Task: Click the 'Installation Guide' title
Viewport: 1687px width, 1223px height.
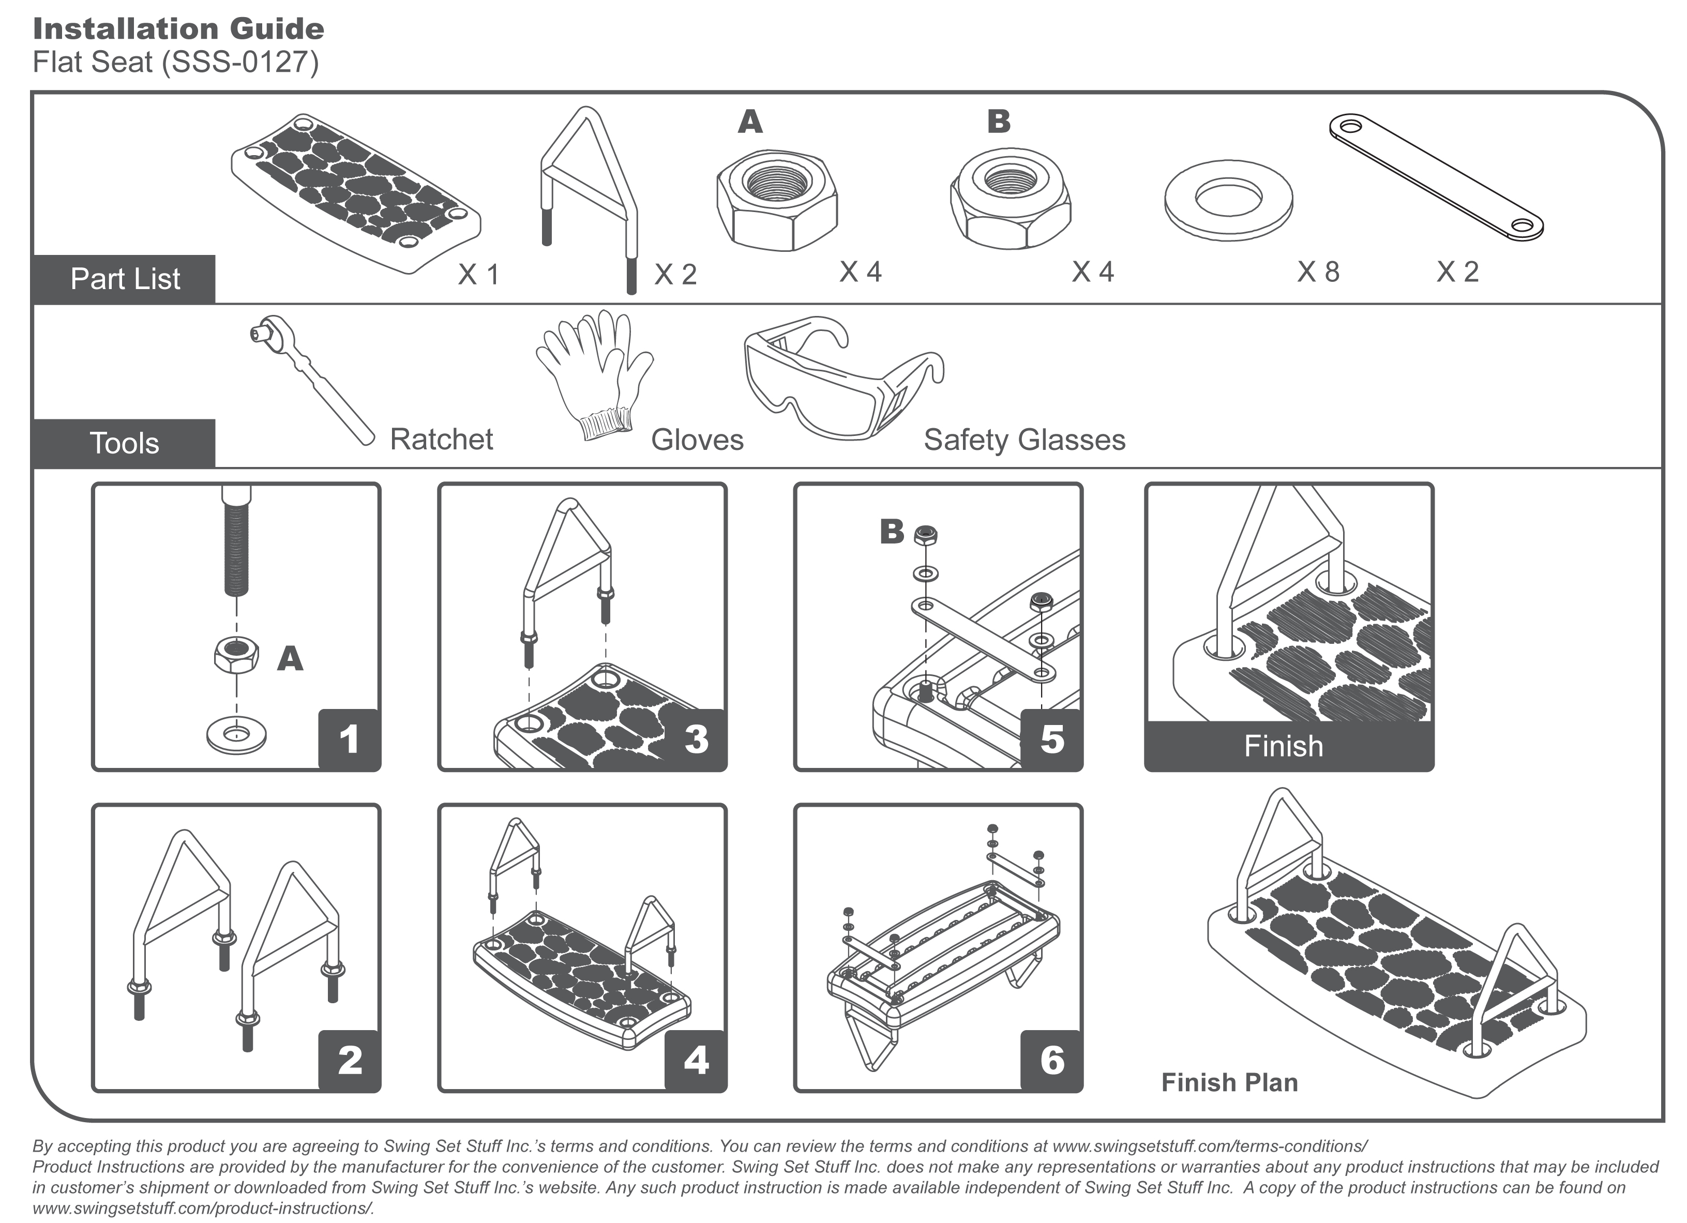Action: (x=178, y=29)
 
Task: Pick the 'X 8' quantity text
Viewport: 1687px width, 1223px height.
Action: (x=1318, y=273)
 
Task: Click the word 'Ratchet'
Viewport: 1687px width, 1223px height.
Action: (x=441, y=440)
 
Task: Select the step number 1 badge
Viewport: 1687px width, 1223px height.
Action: (x=349, y=739)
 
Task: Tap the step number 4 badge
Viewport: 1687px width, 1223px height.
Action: (x=696, y=1061)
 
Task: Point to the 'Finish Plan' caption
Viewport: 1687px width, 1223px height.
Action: (x=1229, y=1082)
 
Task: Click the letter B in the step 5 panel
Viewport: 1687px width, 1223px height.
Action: (x=891, y=532)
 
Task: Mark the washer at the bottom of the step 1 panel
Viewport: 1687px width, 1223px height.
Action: (x=236, y=735)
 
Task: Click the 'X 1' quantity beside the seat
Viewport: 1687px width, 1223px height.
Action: (x=478, y=275)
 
